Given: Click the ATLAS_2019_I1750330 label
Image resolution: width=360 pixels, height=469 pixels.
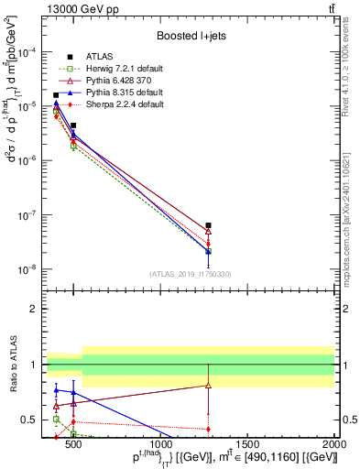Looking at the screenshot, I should (x=191, y=274).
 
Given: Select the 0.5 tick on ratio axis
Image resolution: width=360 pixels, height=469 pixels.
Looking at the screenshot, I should (x=35, y=420).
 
